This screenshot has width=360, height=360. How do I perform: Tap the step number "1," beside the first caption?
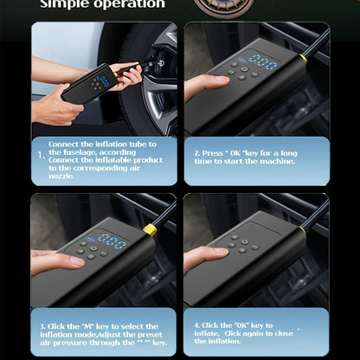41,157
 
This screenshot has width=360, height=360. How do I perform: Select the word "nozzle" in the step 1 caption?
61,177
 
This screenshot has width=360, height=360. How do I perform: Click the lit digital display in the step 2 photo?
261,62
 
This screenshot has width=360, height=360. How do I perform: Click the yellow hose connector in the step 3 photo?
150,229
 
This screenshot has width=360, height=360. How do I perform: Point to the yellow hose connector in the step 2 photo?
304,58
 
